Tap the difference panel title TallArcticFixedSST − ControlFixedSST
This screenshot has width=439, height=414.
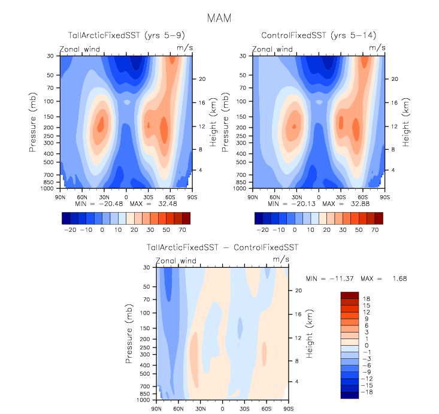point(222,247)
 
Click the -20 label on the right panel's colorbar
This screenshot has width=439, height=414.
point(262,229)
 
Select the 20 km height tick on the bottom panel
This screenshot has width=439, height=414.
point(298,291)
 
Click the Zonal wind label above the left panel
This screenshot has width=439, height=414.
point(80,49)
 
